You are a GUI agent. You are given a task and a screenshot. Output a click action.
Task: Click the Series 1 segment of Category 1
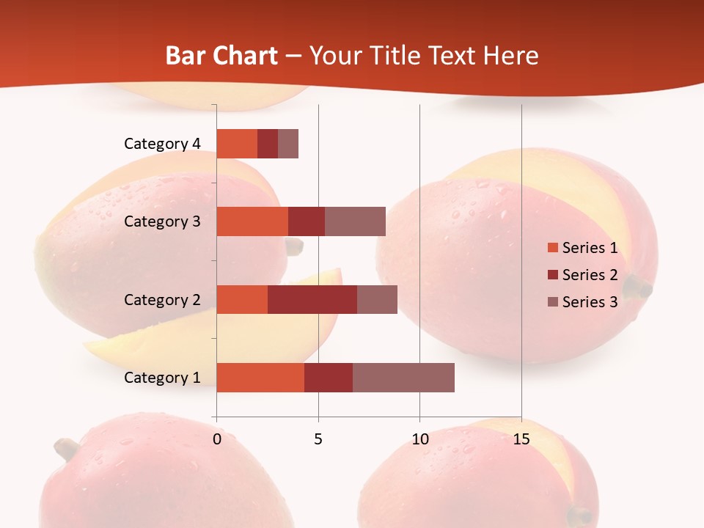coord(260,378)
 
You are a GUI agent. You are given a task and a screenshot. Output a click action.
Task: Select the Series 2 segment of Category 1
coord(329,378)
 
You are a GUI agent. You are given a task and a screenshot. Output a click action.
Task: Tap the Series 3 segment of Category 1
coord(403,378)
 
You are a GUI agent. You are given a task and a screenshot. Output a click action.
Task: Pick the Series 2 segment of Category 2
coord(312,299)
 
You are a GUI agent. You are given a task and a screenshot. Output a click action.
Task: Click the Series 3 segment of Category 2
coord(377,299)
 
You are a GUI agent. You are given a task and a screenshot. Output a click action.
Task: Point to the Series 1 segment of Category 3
coord(252,221)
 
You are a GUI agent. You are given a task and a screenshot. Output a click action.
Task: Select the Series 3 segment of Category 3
coord(355,221)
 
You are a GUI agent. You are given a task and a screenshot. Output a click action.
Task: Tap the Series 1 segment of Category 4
coord(237,144)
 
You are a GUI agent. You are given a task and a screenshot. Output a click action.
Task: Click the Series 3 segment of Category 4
coord(288,144)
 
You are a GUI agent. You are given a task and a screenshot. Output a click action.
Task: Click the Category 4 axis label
coord(162,144)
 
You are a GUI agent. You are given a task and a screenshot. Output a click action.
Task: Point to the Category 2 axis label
coord(162,299)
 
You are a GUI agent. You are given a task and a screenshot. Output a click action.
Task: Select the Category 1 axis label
coord(162,378)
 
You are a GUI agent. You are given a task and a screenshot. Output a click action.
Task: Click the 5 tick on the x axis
coord(318,439)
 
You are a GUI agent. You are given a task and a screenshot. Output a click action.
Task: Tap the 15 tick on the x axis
coord(521,439)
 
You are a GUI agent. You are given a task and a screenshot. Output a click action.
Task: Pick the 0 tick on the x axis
coord(217,439)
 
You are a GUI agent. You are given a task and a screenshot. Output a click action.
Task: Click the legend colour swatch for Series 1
coord(552,248)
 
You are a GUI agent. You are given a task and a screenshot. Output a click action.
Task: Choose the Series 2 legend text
coord(590,275)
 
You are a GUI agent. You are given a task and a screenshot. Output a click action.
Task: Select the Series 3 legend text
coord(590,302)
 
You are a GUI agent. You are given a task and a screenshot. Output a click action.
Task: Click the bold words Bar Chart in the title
coord(221,56)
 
